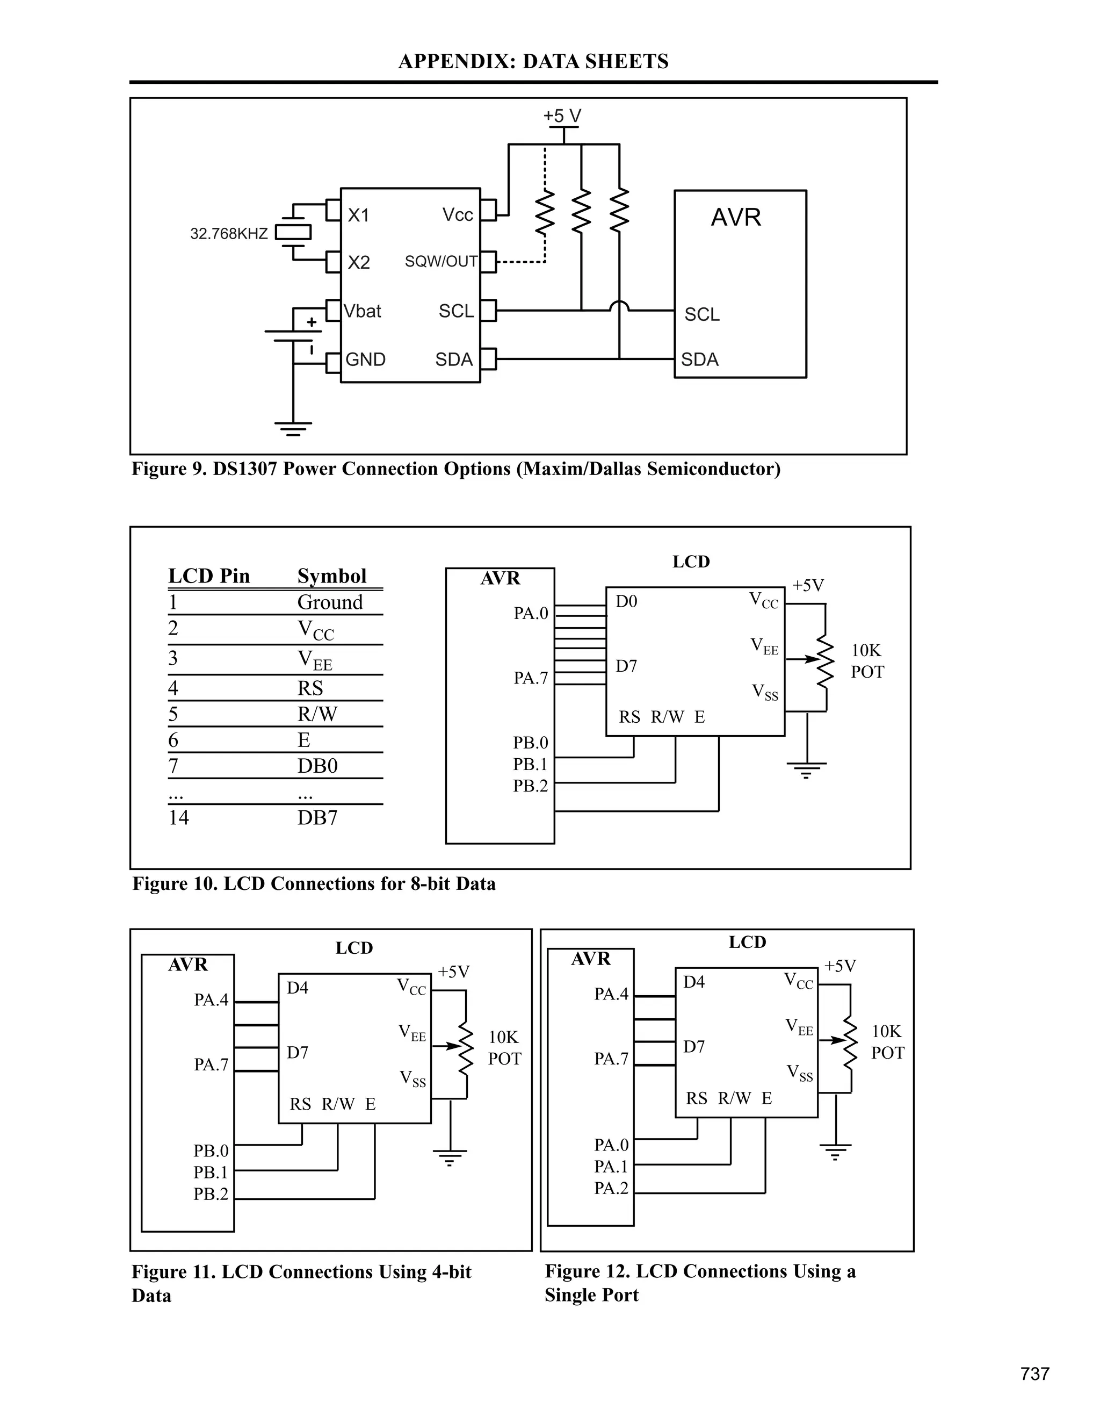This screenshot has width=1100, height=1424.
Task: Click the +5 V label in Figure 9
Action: coord(562,116)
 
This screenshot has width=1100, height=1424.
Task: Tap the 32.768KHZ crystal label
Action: coord(229,233)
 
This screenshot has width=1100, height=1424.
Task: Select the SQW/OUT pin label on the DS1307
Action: coord(441,262)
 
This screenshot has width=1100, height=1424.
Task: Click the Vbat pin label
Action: coord(363,312)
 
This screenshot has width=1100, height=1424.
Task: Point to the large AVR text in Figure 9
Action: coord(736,217)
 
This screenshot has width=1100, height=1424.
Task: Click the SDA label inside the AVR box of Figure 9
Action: coord(699,359)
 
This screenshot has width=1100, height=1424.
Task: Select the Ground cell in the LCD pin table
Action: coord(330,602)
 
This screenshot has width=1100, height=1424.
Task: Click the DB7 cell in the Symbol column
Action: coord(317,818)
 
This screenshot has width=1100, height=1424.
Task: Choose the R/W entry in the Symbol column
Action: coord(317,714)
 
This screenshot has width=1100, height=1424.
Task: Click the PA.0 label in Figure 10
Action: coord(531,614)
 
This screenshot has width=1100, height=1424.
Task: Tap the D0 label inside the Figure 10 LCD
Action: coord(626,601)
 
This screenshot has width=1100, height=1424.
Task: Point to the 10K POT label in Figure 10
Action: coord(867,661)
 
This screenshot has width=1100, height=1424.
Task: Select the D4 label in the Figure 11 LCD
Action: coord(297,988)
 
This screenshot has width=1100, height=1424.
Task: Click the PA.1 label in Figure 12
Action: coord(611,1166)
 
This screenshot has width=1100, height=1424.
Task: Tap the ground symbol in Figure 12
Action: coord(835,1152)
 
